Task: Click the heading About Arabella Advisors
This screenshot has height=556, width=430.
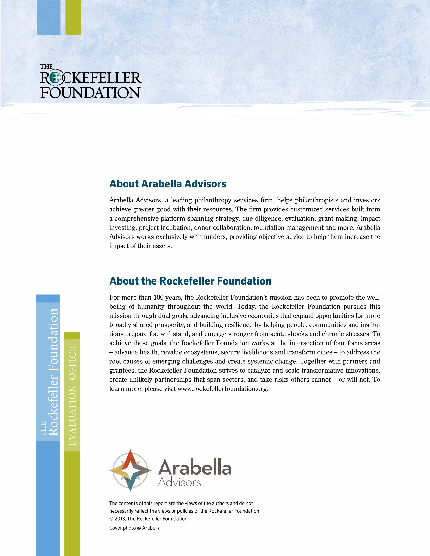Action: (x=168, y=184)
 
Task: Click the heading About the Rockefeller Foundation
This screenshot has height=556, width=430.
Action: (x=190, y=281)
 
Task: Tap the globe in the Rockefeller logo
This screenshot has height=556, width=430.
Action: (x=55, y=78)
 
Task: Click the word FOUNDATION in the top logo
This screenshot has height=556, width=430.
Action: (x=90, y=93)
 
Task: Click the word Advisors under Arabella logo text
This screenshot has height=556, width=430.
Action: (x=179, y=482)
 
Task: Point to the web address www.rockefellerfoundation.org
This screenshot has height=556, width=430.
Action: (x=223, y=389)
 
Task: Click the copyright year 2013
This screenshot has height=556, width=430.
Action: (x=119, y=519)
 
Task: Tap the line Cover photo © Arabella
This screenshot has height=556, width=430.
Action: (x=135, y=528)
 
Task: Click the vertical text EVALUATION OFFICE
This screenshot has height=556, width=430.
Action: (x=72, y=396)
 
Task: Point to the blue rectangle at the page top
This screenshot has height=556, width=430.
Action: (x=49, y=17)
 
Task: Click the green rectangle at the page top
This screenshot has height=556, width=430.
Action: (x=73, y=17)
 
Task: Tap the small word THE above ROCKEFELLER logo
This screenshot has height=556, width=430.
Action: (x=46, y=67)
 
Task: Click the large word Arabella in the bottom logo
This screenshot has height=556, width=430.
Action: (x=195, y=467)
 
